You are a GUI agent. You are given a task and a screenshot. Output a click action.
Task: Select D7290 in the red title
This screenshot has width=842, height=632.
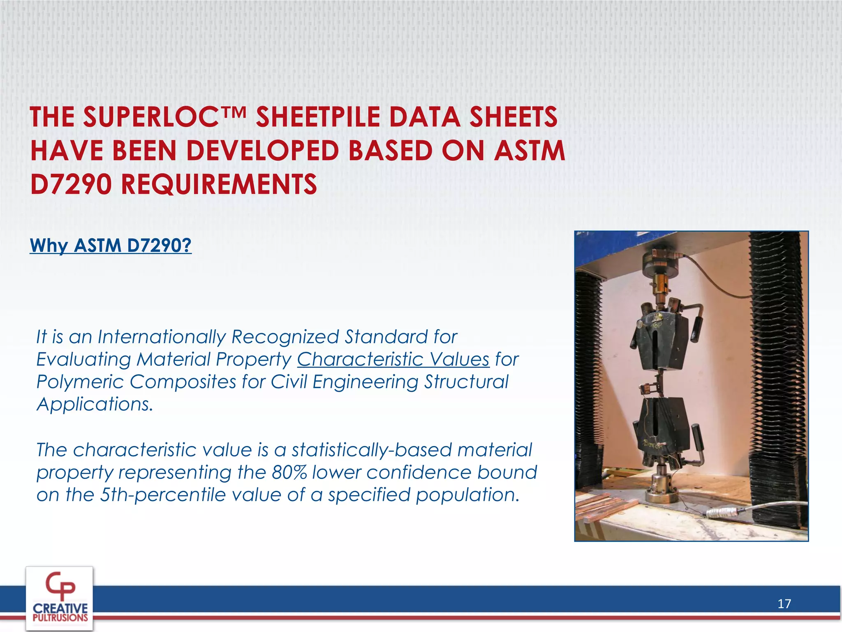(71, 184)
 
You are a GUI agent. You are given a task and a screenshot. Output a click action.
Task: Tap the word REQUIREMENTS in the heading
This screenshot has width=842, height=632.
(219, 184)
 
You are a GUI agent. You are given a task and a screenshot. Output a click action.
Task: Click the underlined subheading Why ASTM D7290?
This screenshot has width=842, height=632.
(111, 246)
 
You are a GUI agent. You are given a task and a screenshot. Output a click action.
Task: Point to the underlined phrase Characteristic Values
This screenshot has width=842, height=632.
(393, 360)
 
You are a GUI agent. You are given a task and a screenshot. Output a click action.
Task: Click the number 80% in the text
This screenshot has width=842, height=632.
(289, 472)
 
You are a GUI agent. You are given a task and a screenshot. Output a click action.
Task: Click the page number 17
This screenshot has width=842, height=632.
(784, 604)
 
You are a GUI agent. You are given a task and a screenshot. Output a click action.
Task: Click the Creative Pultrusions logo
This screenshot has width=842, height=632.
(60, 599)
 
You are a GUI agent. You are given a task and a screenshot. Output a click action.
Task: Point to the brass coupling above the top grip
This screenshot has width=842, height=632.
(661, 288)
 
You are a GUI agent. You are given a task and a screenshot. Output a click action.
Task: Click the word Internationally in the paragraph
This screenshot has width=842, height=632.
(161, 337)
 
